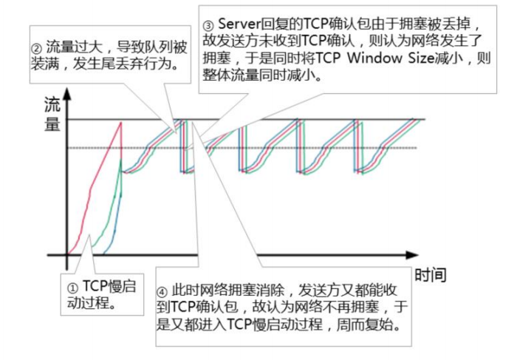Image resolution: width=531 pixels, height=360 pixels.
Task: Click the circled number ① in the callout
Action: tap(72, 286)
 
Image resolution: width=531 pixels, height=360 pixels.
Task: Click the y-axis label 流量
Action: tap(52, 114)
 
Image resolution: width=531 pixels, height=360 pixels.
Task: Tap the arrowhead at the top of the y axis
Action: tap(67, 94)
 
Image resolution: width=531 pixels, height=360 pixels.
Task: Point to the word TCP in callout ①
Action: tap(95, 286)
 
